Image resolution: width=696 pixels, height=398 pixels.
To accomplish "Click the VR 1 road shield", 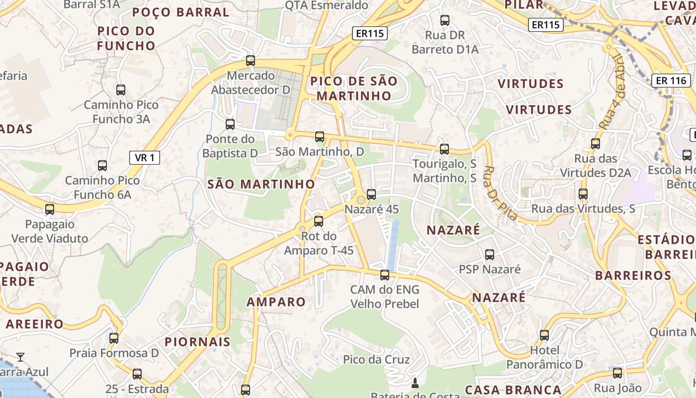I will (145, 158).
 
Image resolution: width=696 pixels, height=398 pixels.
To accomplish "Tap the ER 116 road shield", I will (671, 80).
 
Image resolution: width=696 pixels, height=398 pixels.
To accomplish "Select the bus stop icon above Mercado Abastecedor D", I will (251, 61).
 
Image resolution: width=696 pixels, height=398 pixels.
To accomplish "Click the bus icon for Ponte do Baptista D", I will (230, 124).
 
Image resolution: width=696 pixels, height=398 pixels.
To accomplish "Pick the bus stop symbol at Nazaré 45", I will (371, 195).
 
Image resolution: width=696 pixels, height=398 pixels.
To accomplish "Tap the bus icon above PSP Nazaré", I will (489, 255).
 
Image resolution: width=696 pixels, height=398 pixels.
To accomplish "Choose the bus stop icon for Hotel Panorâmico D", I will (544, 335).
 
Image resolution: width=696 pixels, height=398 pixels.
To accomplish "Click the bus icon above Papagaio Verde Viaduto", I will (49, 209).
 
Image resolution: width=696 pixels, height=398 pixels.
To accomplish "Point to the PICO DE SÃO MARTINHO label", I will (354, 88).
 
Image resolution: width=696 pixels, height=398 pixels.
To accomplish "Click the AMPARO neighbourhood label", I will (276, 302).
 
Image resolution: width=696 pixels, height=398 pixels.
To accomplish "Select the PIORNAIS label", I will (197, 342).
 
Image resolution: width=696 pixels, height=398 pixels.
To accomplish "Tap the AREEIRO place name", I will (35, 324).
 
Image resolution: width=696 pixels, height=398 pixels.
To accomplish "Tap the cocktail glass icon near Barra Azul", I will (20, 357).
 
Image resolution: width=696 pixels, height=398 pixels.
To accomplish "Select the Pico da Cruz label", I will (376, 360).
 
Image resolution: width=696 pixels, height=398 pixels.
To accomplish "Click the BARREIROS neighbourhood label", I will (633, 275).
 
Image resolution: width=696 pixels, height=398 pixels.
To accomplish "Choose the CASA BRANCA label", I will (513, 390).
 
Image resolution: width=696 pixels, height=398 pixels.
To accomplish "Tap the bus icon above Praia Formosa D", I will (114, 338).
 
